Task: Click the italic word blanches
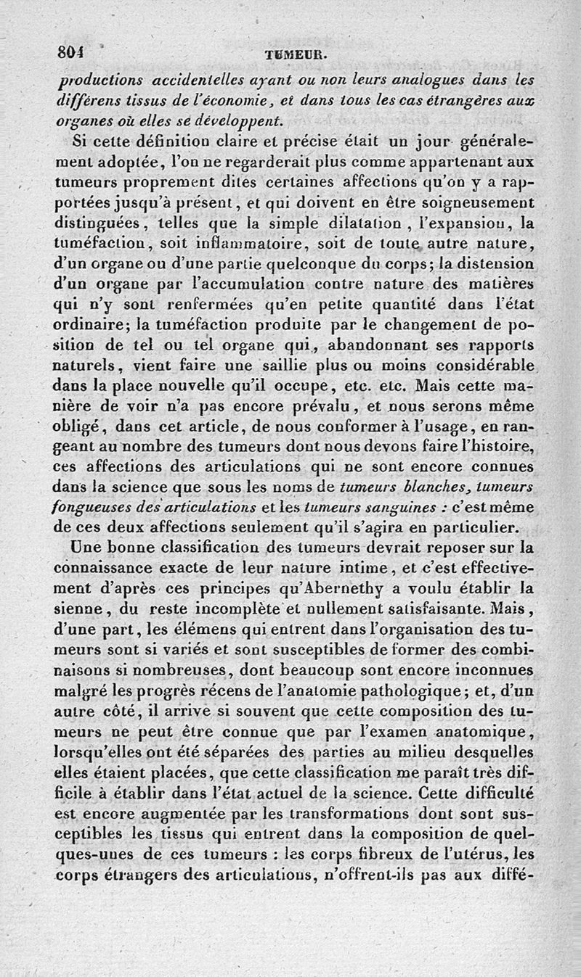tap(440, 484)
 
